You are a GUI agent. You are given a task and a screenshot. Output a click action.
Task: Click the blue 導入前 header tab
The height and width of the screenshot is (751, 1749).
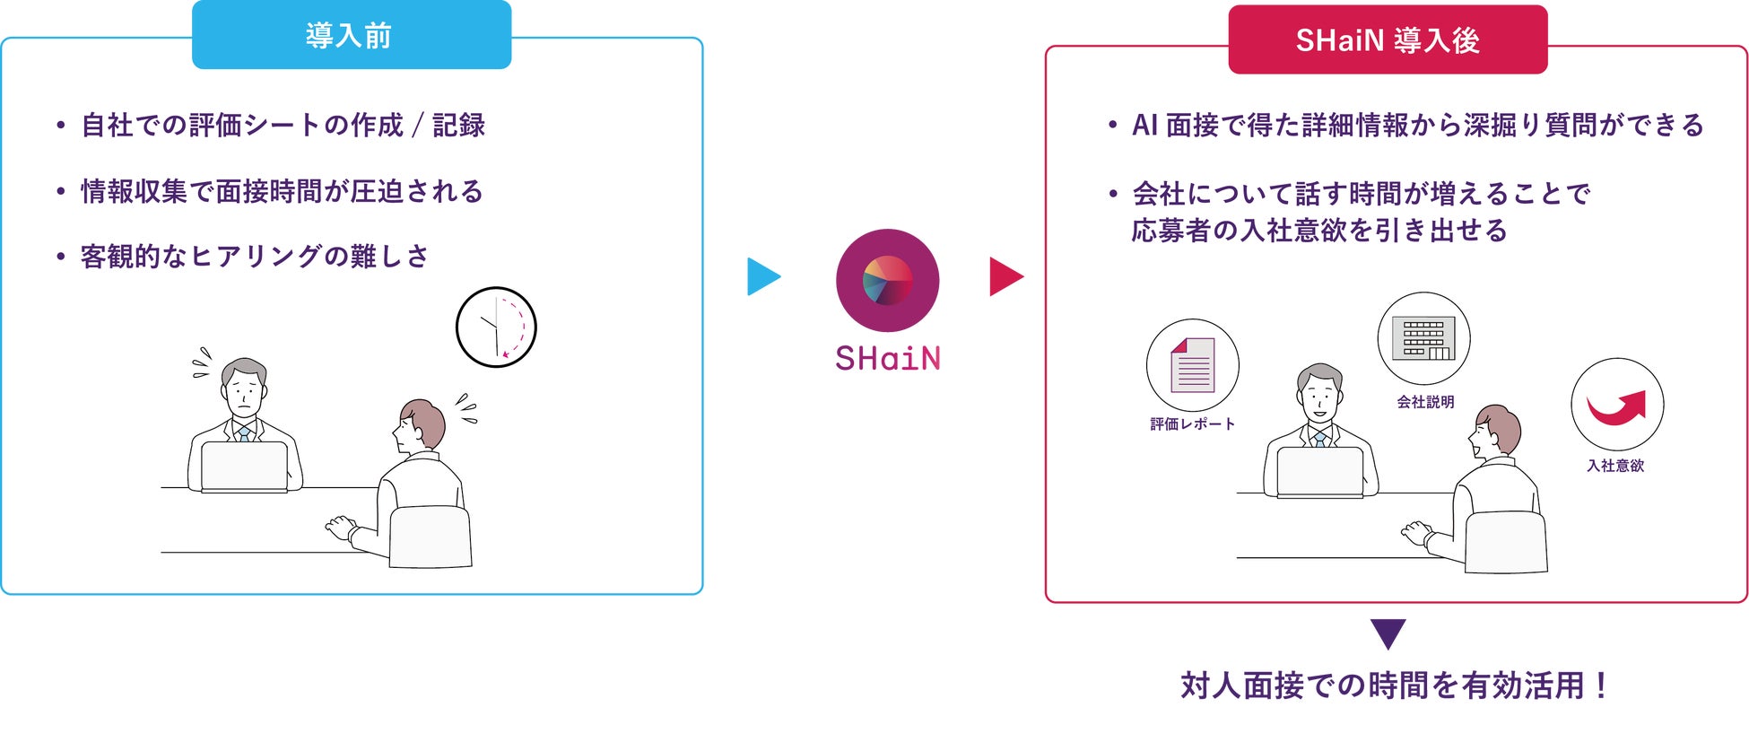(351, 36)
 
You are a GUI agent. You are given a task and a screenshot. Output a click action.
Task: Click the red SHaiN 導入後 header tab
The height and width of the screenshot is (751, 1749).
(1387, 40)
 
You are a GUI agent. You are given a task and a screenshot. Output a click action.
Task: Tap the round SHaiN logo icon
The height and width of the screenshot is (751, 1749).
(887, 280)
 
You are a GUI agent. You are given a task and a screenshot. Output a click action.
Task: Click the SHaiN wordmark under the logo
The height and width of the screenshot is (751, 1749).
(887, 359)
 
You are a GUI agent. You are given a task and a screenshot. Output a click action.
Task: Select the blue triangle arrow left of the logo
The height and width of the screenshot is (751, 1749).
(762, 276)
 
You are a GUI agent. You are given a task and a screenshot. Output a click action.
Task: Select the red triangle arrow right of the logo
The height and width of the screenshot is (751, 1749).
(1005, 276)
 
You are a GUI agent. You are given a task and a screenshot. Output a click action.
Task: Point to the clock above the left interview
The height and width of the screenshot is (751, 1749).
(496, 327)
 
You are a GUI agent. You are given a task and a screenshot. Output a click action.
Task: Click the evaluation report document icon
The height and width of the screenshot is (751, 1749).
(1192, 365)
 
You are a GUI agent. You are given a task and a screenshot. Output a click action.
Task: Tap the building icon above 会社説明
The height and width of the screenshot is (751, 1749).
(1423, 339)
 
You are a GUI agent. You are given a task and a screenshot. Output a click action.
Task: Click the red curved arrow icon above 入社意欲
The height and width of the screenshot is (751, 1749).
(1616, 406)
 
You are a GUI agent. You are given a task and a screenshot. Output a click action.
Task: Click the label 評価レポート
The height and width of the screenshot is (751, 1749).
(1192, 424)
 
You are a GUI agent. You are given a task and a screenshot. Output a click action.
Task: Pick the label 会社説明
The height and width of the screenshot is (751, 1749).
(1425, 402)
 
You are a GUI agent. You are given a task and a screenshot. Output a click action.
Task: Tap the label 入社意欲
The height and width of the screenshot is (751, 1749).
(1615, 466)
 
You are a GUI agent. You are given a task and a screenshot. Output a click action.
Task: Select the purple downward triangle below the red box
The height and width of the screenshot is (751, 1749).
(1388, 633)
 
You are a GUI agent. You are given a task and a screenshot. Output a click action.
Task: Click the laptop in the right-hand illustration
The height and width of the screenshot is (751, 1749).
(1319, 471)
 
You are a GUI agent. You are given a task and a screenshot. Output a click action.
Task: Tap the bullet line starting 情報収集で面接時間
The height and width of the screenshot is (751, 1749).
(282, 191)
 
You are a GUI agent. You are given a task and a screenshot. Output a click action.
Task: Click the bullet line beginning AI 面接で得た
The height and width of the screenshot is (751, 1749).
(1417, 125)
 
